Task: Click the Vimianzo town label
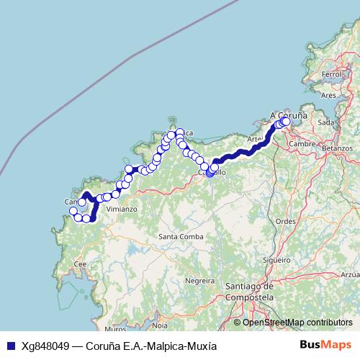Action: pos(122,209)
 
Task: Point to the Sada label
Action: pos(326,122)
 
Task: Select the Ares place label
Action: pos(328,94)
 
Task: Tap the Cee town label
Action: pos(81,264)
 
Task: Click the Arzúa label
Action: pos(350,274)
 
